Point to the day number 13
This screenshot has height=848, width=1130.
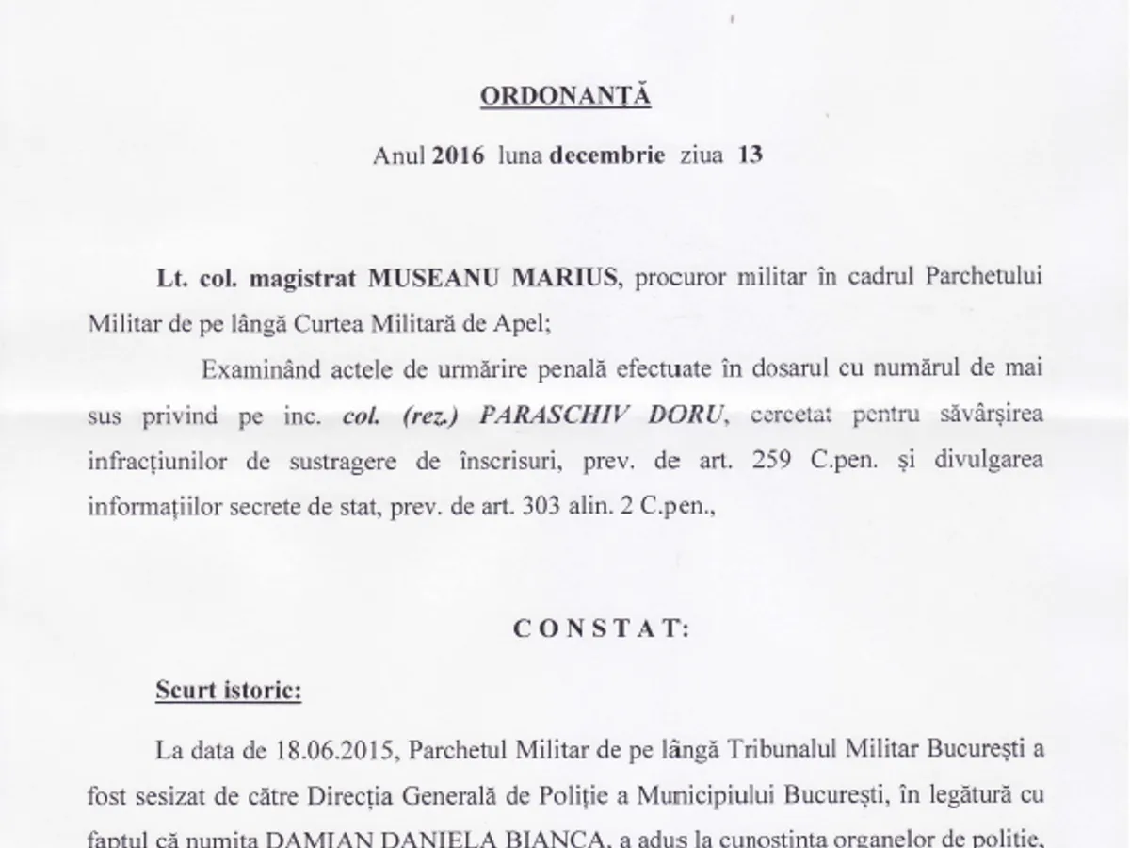[x=751, y=156]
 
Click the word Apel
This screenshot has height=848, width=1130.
[x=520, y=321]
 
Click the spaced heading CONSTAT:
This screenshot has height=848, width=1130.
[x=602, y=630]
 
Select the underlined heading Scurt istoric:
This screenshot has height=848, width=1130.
[x=229, y=691]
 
